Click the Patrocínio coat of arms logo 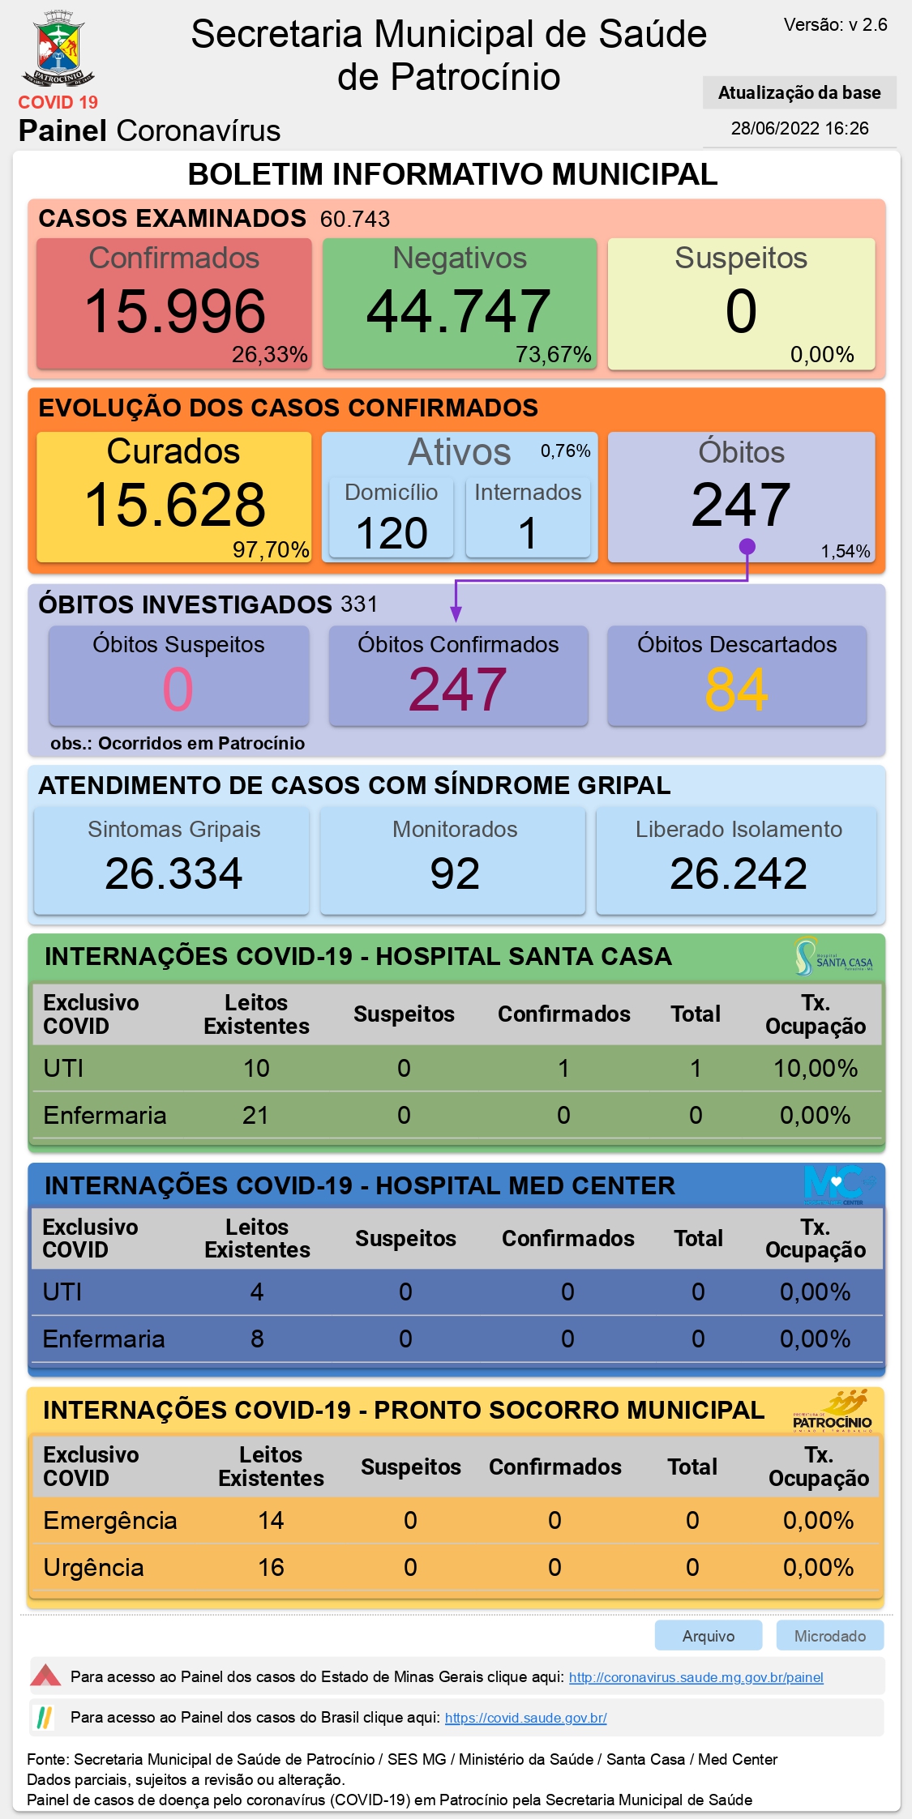[x=58, y=49]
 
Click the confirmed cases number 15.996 [x=175, y=311]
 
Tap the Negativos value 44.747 [x=459, y=311]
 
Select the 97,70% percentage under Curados [x=271, y=550]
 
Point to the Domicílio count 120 [x=392, y=533]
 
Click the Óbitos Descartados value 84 [x=736, y=690]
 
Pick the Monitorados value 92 [x=455, y=873]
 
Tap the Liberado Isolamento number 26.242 [x=739, y=873]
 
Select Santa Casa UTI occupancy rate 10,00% [x=816, y=1068]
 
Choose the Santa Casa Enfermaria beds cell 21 [x=255, y=1115]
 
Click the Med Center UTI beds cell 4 [x=257, y=1292]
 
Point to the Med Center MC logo [x=839, y=1185]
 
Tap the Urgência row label [x=93, y=1567]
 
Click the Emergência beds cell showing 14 [x=271, y=1520]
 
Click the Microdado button [x=830, y=1636]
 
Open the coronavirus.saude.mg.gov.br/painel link [x=696, y=1677]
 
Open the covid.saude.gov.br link [x=526, y=1718]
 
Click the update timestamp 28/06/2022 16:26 [x=800, y=128]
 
